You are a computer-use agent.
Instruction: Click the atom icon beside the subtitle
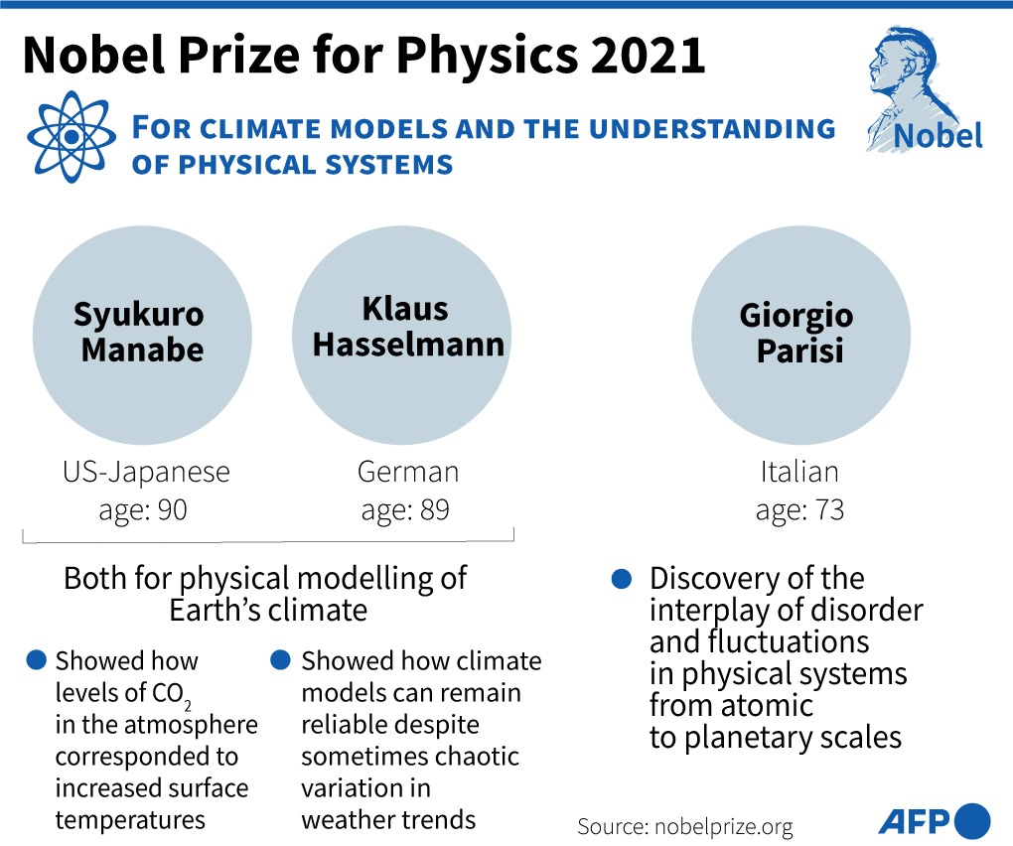point(72,136)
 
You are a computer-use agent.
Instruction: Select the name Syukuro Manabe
point(140,332)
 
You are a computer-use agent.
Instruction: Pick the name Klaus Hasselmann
point(407,327)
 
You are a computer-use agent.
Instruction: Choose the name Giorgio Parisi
point(797,334)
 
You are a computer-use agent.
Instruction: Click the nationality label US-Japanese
point(146,472)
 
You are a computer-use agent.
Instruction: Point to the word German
point(407,472)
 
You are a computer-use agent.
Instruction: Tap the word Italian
point(799,472)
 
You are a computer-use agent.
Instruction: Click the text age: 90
point(143,510)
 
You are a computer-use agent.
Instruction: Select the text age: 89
point(405,510)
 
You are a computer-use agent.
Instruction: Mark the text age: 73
point(799,510)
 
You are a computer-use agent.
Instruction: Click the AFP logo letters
point(914,822)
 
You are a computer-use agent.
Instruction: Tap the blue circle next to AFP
point(972,821)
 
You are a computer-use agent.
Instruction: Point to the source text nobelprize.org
point(724,826)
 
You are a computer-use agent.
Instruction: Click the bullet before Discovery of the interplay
point(621,579)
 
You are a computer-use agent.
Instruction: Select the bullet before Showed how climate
point(280,660)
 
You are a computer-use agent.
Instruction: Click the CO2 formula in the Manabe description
point(171,695)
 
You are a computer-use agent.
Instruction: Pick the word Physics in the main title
point(487,57)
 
